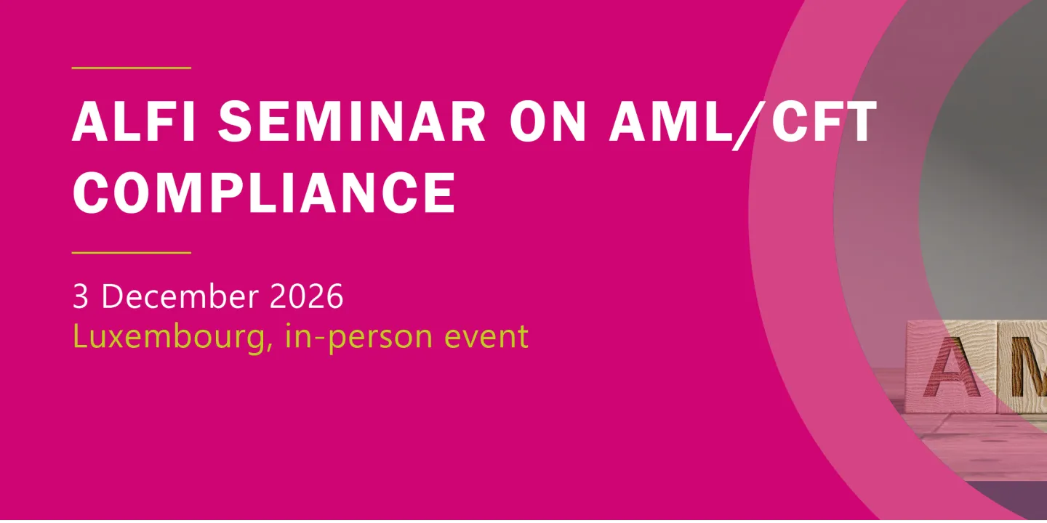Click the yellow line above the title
pyautogui.click(x=131, y=68)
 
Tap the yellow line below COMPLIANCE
pyautogui.click(x=131, y=253)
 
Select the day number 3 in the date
pyautogui.click(x=79, y=298)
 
